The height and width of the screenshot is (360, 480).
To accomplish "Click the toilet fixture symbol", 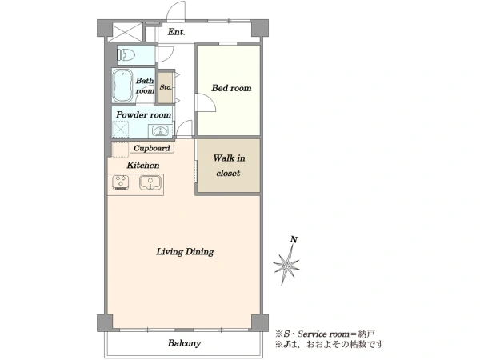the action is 126,55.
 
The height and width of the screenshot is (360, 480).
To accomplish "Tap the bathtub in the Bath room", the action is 122,86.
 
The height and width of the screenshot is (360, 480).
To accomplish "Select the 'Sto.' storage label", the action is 166,87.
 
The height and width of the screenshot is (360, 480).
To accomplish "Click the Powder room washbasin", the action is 159,131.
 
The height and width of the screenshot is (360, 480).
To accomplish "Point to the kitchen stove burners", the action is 121,182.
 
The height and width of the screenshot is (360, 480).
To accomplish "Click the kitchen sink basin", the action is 150,182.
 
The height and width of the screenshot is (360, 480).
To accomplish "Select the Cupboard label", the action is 152,148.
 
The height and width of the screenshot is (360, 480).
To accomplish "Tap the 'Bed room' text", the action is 231,88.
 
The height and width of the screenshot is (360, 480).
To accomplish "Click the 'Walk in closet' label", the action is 229,166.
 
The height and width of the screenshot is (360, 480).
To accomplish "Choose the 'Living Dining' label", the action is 186,252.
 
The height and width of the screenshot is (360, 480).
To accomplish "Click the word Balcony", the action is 184,343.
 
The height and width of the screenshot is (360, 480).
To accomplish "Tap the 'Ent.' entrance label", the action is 176,32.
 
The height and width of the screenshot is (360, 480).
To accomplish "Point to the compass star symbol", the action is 286,265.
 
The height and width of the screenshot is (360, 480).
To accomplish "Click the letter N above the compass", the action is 294,239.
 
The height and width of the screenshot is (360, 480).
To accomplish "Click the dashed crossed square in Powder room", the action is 121,130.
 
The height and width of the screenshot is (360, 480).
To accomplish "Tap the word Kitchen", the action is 143,166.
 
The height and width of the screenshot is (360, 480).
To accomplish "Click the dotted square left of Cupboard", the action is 120,150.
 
